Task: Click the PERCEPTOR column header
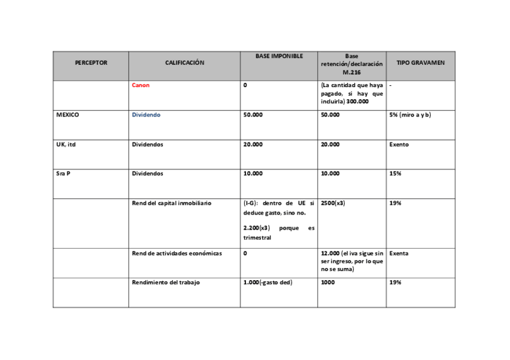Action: point(91,63)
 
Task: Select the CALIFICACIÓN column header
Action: point(185,63)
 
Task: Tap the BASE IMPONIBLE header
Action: point(278,56)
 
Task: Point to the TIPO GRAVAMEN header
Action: point(420,63)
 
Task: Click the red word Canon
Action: point(141,85)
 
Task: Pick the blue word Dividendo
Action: point(146,115)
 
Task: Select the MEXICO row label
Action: point(67,115)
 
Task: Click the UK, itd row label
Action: point(66,144)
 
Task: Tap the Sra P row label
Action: point(63,174)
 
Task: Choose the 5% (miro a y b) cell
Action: point(410,115)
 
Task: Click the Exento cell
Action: point(399,144)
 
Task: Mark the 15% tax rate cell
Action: point(395,174)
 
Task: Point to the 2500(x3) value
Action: point(333,203)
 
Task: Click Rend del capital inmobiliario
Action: point(171,203)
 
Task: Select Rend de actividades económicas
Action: point(177,254)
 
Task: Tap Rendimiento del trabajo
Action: point(165,282)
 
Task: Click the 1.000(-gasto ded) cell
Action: point(268,282)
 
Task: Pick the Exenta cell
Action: point(399,254)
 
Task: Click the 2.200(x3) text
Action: point(257,228)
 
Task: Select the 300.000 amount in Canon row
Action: point(357,102)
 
